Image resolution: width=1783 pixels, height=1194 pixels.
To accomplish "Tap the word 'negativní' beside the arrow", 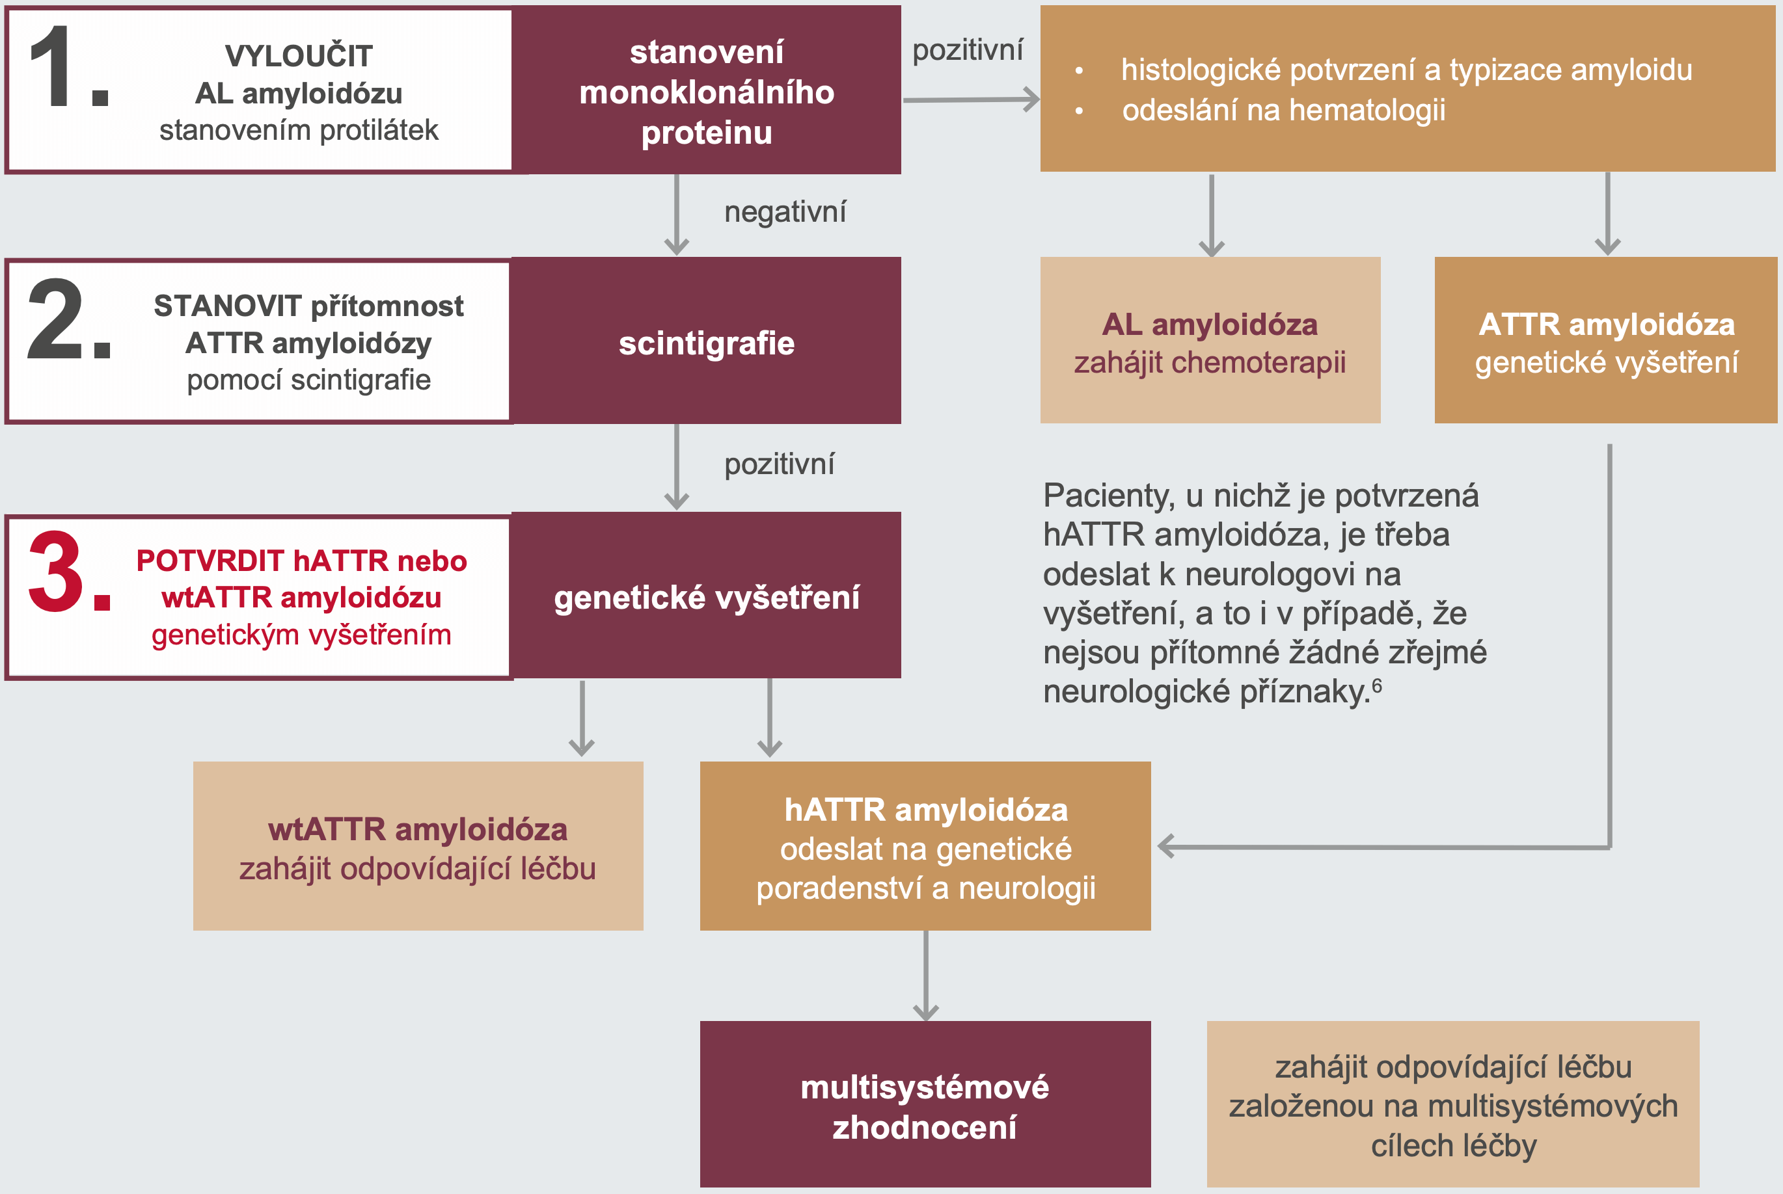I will tap(785, 212).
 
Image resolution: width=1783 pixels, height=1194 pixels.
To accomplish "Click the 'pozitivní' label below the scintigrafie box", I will tap(779, 464).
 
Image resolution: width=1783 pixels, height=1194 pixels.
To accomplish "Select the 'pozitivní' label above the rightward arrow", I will tap(968, 50).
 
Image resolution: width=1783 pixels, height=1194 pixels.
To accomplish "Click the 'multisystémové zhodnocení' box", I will tap(925, 1106).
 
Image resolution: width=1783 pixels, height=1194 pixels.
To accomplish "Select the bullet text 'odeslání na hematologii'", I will tap(1283, 111).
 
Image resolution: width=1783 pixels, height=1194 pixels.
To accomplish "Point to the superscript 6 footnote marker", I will tap(1377, 685).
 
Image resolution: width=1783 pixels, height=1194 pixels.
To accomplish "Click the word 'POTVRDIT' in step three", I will tap(210, 561).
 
